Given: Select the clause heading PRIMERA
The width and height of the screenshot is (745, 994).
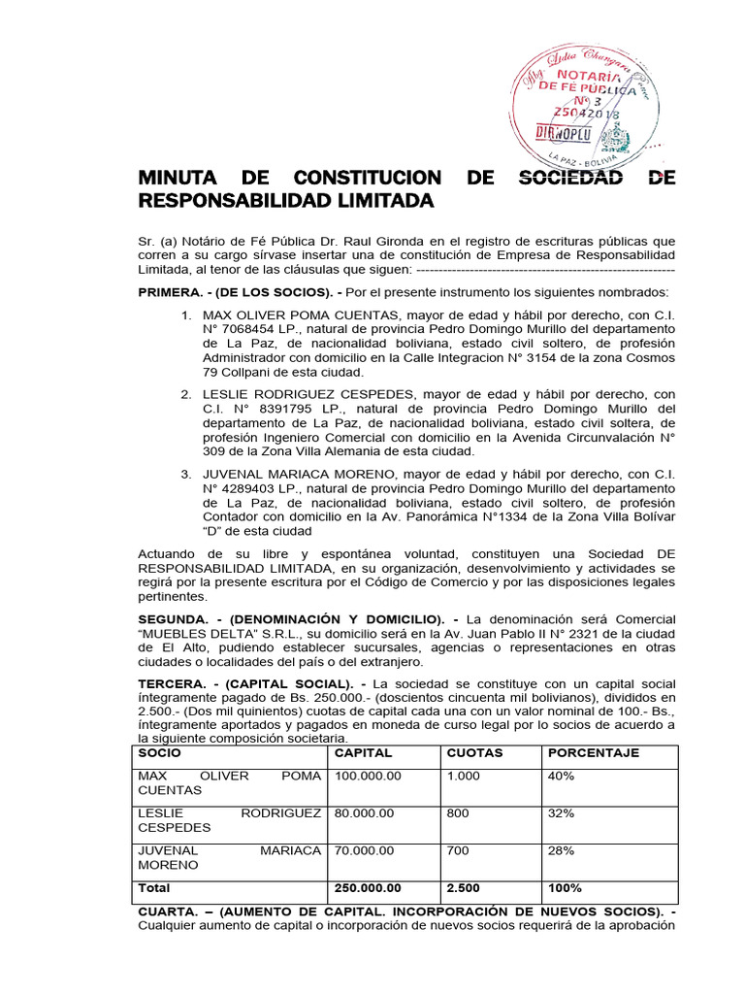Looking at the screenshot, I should tap(170, 292).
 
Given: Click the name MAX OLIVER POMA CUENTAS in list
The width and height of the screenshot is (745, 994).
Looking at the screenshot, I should tap(301, 316).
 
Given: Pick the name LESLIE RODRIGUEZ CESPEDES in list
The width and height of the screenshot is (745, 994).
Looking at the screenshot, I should tap(309, 394).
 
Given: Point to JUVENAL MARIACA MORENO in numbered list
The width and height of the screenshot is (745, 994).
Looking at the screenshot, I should tap(301, 474).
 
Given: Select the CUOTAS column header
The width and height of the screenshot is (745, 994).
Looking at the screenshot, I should tap(474, 753).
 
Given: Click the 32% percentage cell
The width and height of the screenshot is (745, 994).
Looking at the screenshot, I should tap(561, 813).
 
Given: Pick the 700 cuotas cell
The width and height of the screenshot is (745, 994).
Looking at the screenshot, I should tap(458, 850).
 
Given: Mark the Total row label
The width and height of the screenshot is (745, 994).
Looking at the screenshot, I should tap(154, 888).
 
